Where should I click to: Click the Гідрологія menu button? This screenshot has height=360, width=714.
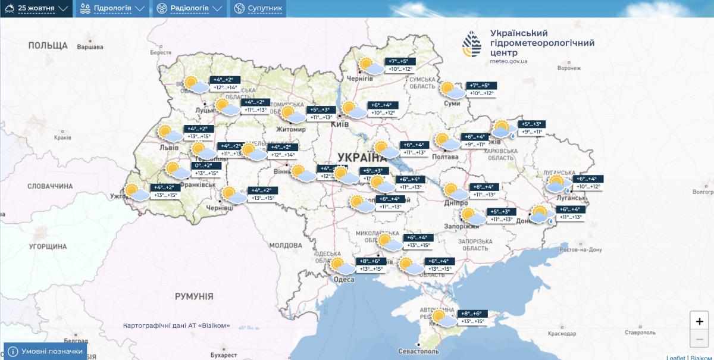[112, 8]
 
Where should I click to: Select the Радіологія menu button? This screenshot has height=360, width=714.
[190, 8]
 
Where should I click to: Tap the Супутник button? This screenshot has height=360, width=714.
[258, 8]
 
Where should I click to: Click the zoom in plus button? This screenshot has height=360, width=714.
[699, 321]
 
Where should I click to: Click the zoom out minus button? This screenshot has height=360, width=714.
[699, 339]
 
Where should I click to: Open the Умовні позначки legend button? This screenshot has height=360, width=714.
[46, 351]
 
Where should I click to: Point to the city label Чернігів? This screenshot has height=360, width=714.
[359, 79]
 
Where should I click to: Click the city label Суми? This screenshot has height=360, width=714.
[452, 104]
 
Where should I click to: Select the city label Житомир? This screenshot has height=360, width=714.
[291, 129]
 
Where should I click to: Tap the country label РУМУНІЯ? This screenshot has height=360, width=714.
[194, 296]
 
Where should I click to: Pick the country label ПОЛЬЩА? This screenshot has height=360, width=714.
[48, 45]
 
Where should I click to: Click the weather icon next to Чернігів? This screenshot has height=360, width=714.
[371, 66]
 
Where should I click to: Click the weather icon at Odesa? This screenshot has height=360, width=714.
[342, 266]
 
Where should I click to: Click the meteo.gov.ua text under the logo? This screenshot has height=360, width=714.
[509, 61]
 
